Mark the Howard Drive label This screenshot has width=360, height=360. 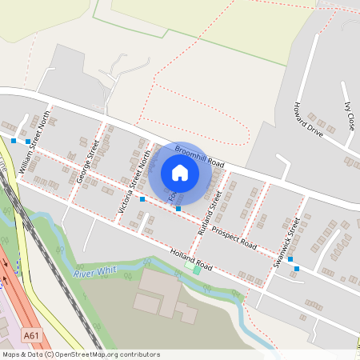(307, 120)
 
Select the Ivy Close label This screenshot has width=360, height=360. (349, 116)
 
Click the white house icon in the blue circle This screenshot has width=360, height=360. (180, 173)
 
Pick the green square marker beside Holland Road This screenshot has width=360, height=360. (197, 270)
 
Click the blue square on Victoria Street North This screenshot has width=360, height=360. (142, 198)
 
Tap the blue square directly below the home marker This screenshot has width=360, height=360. (178, 209)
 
